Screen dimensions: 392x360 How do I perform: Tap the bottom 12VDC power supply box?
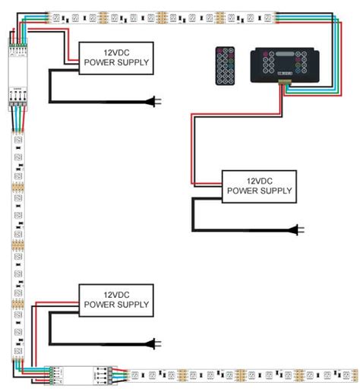[116, 299]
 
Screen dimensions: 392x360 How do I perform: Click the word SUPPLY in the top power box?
[131, 62]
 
